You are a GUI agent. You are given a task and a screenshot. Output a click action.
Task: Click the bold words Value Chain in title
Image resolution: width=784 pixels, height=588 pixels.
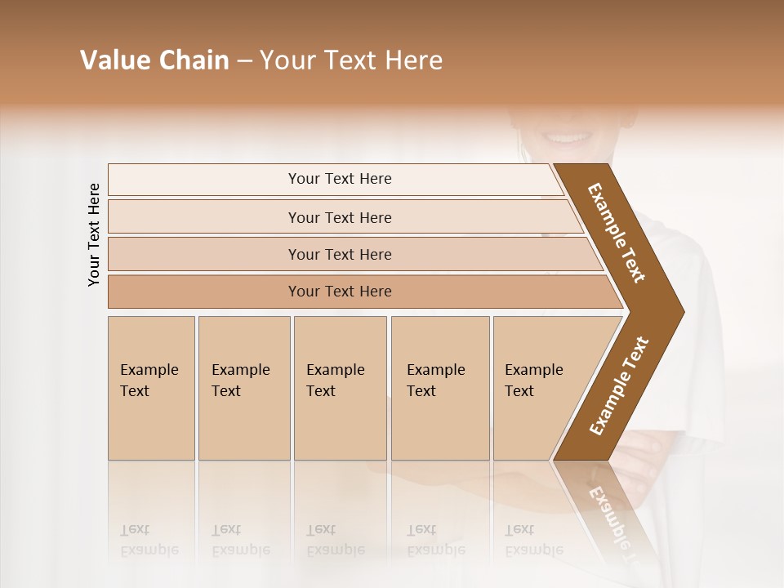pos(154,60)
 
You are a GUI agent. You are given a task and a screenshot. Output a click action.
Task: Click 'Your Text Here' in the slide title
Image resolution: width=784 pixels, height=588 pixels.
pos(351,60)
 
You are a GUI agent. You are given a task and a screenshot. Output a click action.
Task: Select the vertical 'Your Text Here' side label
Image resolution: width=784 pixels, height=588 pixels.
pos(94,234)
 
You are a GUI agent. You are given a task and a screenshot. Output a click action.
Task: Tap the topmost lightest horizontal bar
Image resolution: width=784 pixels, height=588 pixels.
pos(339,179)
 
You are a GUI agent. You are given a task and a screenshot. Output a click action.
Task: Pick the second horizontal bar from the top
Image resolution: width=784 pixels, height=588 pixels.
pos(339,217)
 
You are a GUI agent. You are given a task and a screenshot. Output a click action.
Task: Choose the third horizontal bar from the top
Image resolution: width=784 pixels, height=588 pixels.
pos(339,254)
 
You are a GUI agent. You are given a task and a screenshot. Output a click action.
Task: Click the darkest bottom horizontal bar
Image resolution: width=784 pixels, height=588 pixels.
pos(339,292)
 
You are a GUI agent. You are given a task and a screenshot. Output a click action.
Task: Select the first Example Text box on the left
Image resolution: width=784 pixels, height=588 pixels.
pos(151,388)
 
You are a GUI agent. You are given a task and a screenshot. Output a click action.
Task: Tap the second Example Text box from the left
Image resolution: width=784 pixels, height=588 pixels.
pos(243,388)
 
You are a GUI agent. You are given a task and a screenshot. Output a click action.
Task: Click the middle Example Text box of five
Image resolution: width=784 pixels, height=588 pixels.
pos(339,388)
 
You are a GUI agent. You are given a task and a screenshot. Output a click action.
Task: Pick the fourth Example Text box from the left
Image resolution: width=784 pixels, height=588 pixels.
pos(439,388)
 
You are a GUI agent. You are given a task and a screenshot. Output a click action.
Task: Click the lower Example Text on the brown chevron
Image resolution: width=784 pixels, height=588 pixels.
pos(618,386)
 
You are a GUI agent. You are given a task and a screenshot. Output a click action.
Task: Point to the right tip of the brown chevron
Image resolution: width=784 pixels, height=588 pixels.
pos(682,312)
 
